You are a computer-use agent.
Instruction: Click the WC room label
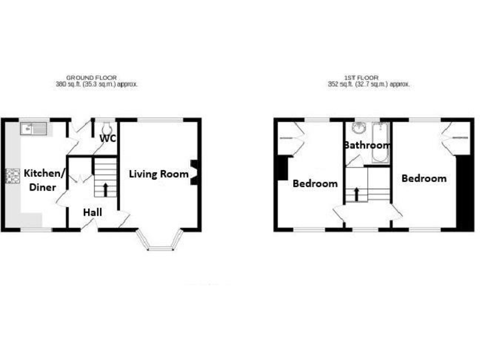pyautogui.click(x=107, y=139)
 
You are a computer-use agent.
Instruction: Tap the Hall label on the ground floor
pyautogui.click(x=92, y=213)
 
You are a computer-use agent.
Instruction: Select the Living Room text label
pyautogui.click(x=159, y=174)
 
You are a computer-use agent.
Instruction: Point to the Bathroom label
pyautogui.click(x=367, y=146)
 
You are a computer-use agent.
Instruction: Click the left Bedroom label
pyautogui.click(x=315, y=184)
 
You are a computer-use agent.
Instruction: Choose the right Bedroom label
pyautogui.click(x=424, y=179)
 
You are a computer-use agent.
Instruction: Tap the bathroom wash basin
pyautogui.click(x=359, y=129)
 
